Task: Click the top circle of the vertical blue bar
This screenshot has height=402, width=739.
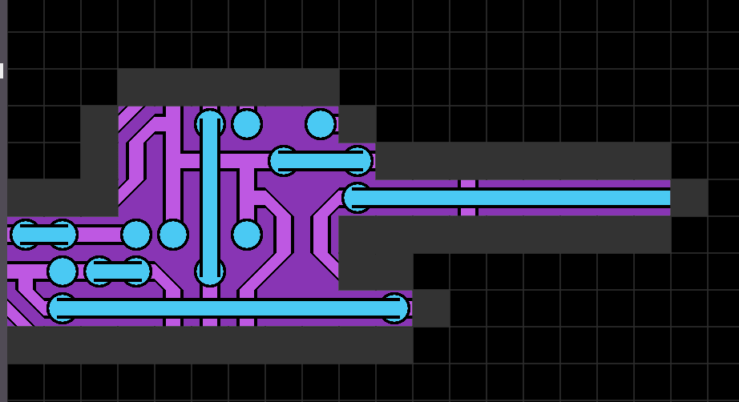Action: [210, 124]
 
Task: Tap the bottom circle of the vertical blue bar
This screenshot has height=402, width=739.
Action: [210, 271]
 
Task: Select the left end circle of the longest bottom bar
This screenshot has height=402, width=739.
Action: [63, 308]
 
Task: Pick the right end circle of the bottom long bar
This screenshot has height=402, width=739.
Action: [394, 308]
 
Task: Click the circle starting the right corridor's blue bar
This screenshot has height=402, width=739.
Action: [357, 198]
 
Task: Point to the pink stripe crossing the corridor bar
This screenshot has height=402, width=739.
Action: [468, 198]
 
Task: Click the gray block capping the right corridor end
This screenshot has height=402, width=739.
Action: [689, 198]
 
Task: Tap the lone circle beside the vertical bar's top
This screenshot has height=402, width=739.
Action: [247, 124]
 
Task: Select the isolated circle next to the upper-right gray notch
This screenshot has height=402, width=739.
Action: [321, 124]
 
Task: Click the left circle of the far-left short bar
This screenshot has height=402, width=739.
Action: [26, 235]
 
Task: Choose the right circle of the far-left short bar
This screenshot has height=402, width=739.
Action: [63, 235]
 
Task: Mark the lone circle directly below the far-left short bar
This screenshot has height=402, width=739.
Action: [63, 271]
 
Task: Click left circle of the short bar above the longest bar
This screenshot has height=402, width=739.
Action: [99, 271]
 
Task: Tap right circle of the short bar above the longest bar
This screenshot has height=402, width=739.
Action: [136, 271]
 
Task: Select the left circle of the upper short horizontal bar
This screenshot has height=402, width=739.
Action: [284, 161]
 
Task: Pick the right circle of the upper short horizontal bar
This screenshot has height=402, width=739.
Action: [357, 161]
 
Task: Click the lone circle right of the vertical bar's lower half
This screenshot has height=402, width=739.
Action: [247, 235]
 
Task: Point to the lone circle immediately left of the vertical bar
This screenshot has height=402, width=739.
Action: [173, 235]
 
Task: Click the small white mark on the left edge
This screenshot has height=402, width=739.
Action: [2, 71]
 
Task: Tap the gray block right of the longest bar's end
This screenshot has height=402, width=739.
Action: [430, 308]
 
